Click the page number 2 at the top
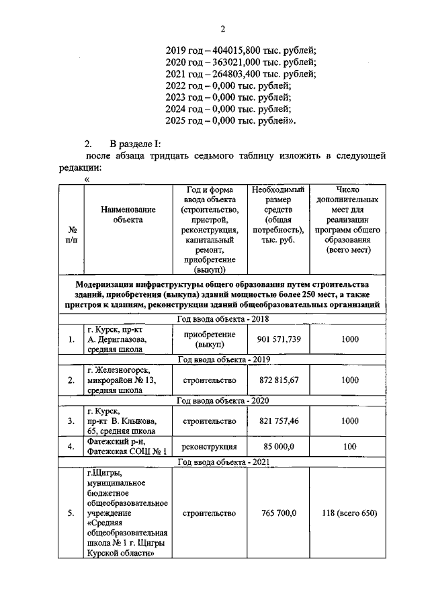222,28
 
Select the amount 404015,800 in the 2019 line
236,50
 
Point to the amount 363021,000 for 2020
236,62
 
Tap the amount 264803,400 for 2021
236,74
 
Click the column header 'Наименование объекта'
128,214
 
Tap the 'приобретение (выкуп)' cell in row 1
209,339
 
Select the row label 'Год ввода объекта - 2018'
222,319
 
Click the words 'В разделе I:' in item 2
135,144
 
